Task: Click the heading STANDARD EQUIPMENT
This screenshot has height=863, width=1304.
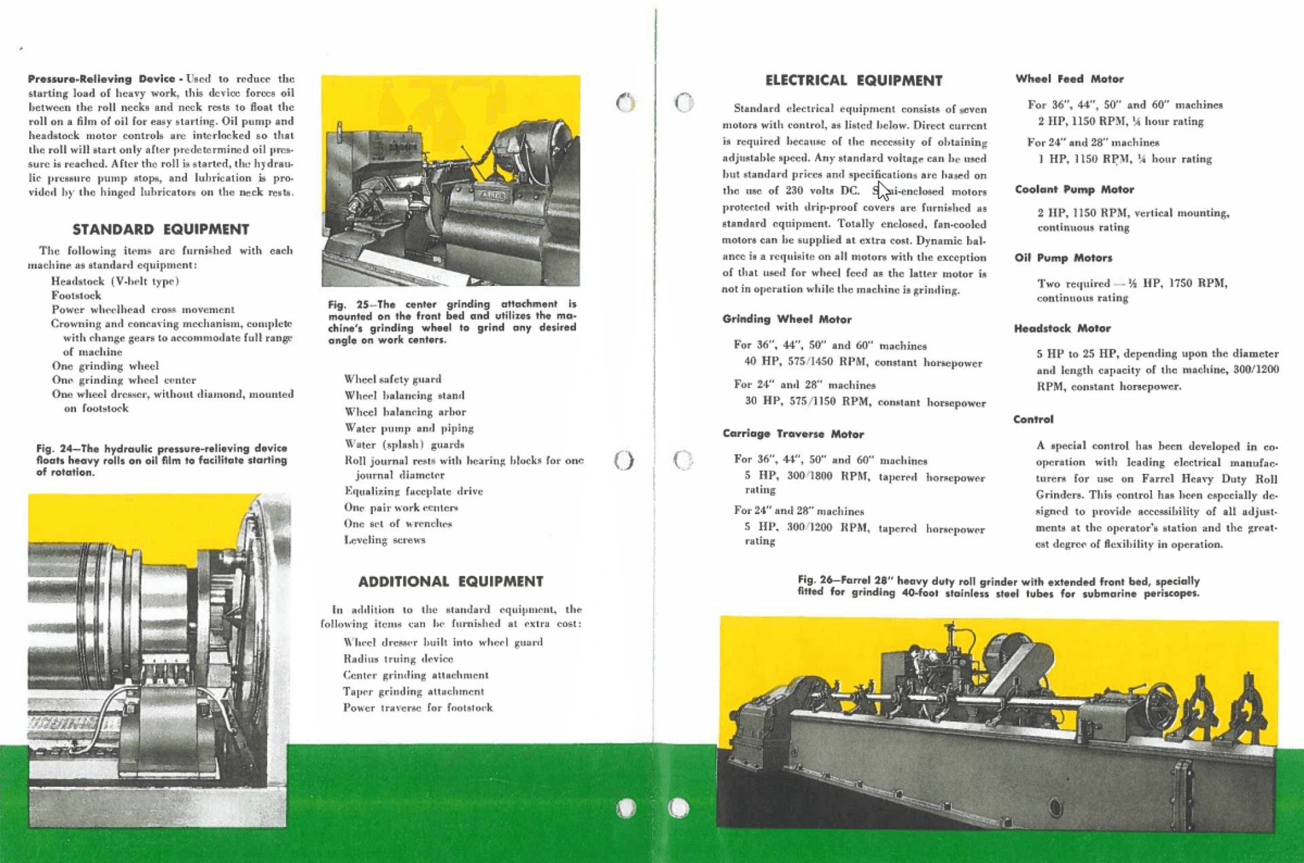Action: coord(161,229)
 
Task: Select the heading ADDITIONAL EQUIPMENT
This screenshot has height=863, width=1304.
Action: coord(450,582)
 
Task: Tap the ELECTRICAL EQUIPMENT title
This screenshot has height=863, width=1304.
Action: coord(854,81)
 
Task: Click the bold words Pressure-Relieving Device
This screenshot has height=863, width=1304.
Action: coord(102,79)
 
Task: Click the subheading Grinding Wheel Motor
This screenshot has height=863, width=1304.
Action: coord(786,319)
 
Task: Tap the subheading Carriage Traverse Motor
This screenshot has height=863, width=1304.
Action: coord(793,434)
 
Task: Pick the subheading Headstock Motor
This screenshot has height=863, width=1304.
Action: coord(1062,329)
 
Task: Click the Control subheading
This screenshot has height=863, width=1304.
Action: coord(1033,420)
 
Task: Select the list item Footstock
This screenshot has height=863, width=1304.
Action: coord(76,295)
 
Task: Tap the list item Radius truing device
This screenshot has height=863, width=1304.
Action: coord(398,659)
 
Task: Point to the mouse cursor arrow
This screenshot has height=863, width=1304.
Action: coord(882,190)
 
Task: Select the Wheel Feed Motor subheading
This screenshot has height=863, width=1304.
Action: coord(1069,79)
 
